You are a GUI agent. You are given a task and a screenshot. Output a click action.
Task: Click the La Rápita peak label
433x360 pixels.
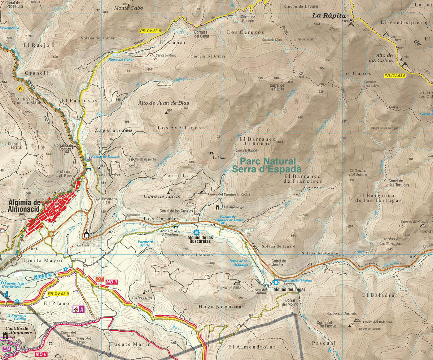click(x=329, y=16)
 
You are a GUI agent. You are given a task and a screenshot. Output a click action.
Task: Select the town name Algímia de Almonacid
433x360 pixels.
click(x=22, y=205)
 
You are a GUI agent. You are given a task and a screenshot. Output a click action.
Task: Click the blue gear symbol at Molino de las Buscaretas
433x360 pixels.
click(x=196, y=233)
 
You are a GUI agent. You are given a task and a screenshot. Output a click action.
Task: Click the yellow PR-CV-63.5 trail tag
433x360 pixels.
click(x=58, y=294)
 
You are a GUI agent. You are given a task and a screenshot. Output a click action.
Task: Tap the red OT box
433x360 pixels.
click(x=100, y=279)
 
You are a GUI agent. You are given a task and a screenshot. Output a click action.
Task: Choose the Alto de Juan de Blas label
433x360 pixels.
click(x=163, y=103)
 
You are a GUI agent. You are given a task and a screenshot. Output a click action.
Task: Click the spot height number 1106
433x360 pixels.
click(x=345, y=21)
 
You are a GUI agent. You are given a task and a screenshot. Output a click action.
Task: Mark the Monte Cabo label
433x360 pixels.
click(x=128, y=8)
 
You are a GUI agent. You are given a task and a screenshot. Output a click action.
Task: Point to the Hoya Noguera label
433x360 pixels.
click(x=220, y=307)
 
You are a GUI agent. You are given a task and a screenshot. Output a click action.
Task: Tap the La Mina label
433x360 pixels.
click(x=219, y=158)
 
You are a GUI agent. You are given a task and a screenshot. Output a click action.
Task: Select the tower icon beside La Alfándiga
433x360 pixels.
click(x=218, y=208)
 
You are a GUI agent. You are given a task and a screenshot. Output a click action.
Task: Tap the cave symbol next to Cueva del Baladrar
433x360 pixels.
click(x=357, y=320)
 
